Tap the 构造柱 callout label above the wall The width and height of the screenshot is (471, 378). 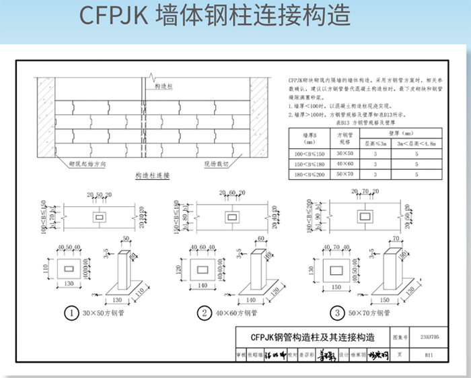coord(164,87)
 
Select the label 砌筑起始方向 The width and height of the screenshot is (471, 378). coord(87,164)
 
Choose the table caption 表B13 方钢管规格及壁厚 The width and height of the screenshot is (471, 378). coord(363,123)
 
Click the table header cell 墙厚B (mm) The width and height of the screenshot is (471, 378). coord(309,138)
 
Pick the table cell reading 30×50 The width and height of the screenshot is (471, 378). coord(344,154)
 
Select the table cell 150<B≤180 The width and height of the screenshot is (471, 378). coord(309,164)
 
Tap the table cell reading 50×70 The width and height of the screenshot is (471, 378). coord(344,175)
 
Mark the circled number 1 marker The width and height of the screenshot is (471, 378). coord(71,313)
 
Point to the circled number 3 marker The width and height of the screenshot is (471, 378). coord(336,313)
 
